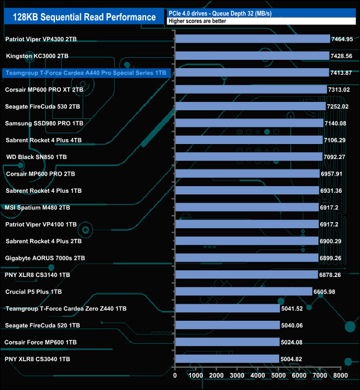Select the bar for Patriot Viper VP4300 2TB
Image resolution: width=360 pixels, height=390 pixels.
[x=252, y=39]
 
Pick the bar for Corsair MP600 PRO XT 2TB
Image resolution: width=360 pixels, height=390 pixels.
[x=251, y=90]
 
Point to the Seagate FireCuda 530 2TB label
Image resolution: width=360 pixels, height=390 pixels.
[x=43, y=106]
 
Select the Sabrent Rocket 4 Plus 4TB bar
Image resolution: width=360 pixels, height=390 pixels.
[x=249, y=140]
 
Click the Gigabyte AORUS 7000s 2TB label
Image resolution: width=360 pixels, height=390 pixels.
[x=45, y=258]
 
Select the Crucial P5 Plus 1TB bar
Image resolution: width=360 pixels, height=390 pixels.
[x=244, y=291]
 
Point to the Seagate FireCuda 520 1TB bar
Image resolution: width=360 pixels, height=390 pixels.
[x=227, y=325]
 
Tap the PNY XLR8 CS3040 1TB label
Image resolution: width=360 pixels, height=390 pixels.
[x=38, y=359]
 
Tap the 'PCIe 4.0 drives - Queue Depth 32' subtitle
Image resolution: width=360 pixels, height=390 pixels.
[x=219, y=13]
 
